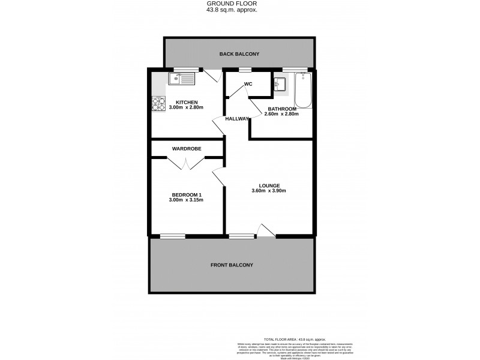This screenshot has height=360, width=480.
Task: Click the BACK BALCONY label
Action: pyautogui.click(x=239, y=54)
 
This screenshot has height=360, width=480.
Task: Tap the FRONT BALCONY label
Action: pyautogui.click(x=232, y=265)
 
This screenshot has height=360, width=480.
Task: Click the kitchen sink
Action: pyautogui.click(x=182, y=78)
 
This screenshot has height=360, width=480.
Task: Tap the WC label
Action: pyautogui.click(x=247, y=84)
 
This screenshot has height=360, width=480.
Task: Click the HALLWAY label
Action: pyautogui.click(x=236, y=119)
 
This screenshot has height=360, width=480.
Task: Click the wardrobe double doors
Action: pyautogui.click(x=187, y=163)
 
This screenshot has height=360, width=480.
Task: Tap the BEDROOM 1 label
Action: pyautogui.click(x=188, y=194)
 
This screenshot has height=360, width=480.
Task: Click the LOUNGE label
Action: pyautogui.click(x=269, y=186)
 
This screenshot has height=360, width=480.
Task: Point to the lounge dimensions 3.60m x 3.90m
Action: pyautogui.click(x=269, y=191)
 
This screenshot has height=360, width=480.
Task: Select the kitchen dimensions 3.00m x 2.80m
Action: pyautogui.click(x=187, y=107)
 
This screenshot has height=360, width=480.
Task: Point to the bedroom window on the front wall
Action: pyautogui.click(x=173, y=236)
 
